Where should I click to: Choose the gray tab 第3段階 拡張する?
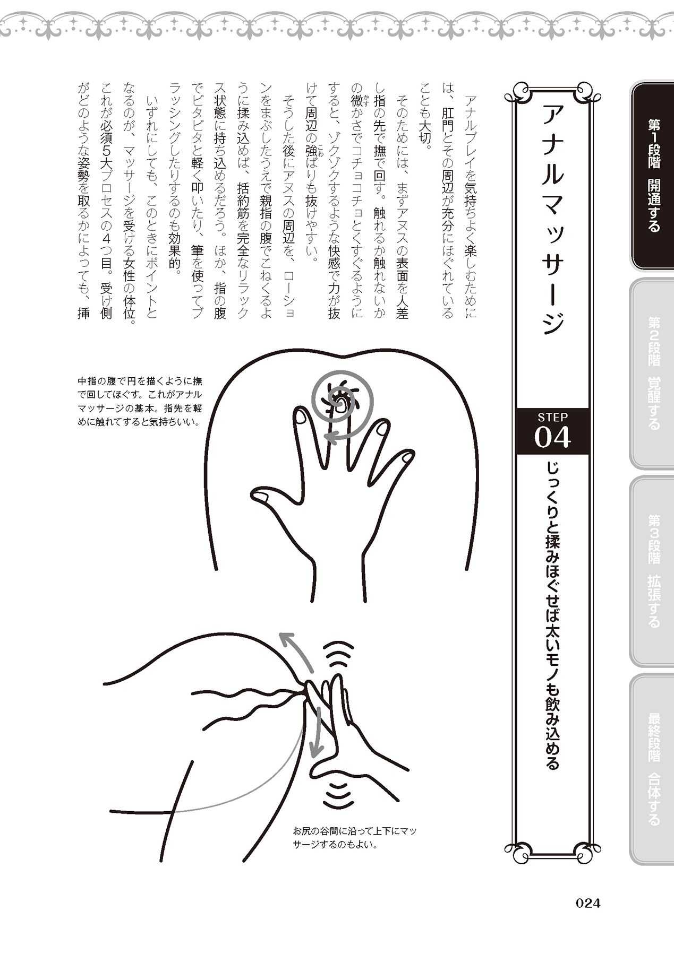coord(652,571)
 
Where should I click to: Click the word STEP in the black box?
coord(553,417)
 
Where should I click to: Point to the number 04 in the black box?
coord(553,437)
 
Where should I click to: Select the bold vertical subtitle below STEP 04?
coord(552,616)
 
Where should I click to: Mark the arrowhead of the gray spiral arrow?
coord(332,437)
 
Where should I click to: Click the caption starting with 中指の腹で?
coord(140,402)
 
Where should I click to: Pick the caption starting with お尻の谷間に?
coord(355,837)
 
